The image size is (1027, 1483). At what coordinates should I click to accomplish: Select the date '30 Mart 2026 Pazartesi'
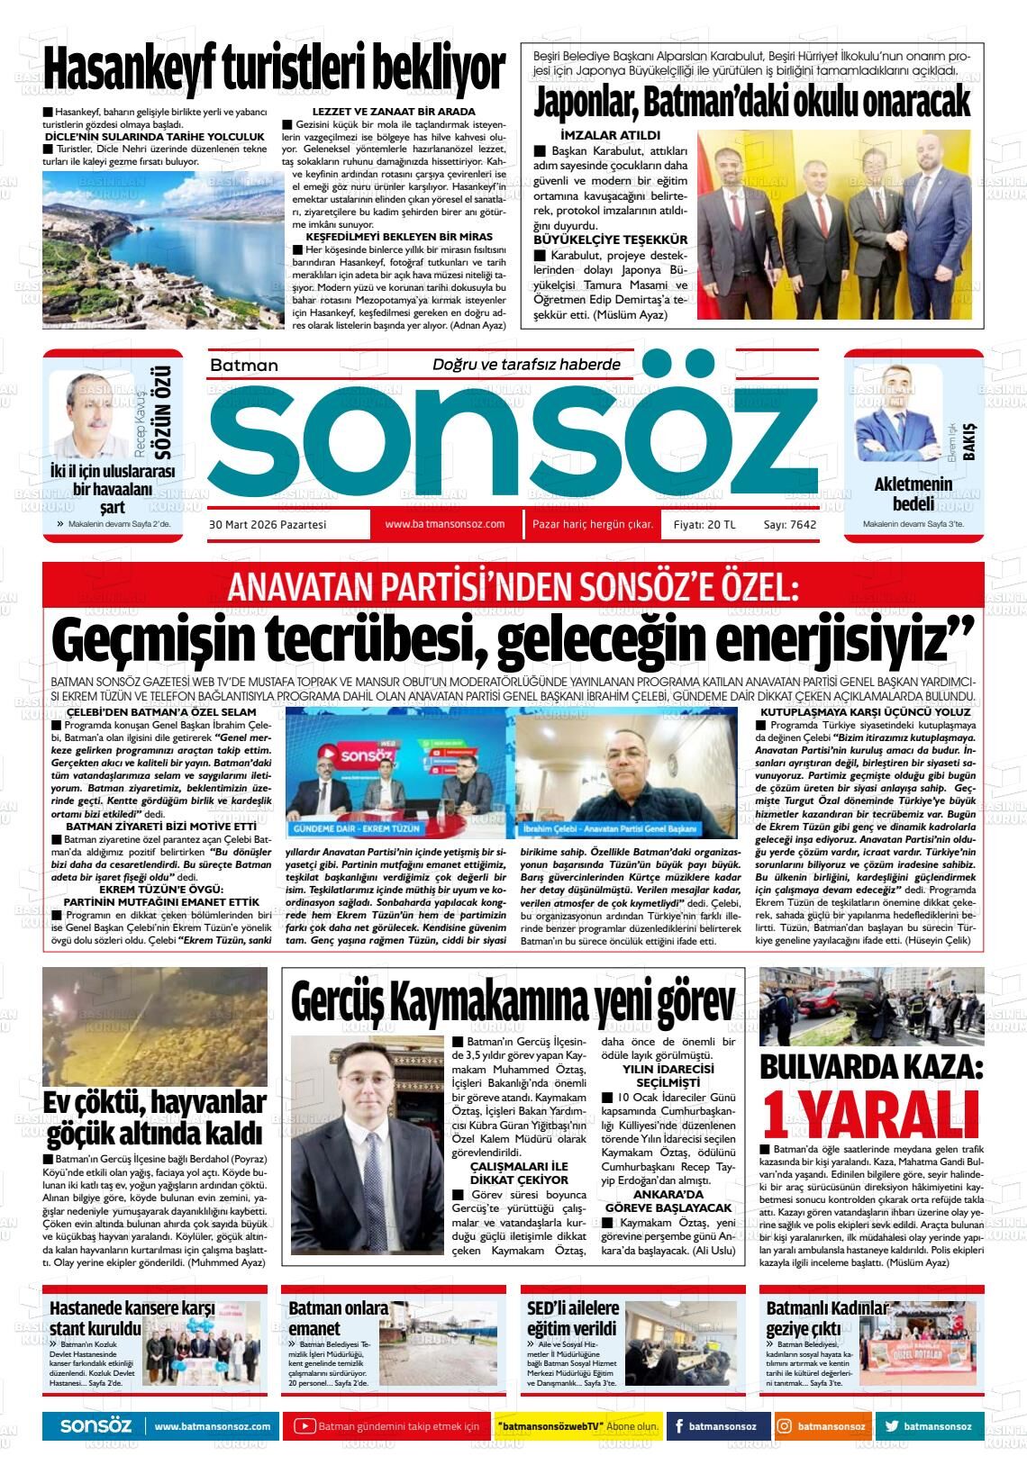point(268,524)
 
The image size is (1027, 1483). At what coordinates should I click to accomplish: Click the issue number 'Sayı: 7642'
point(789,525)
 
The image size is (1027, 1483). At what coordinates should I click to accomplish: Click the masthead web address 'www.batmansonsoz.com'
point(444,524)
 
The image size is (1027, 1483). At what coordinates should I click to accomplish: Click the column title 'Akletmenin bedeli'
point(913,493)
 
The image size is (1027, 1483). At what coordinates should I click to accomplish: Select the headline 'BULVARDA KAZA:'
point(871,1067)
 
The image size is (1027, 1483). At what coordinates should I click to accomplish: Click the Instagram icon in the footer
point(785,1426)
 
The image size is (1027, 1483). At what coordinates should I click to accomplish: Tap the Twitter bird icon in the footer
point(891,1426)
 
